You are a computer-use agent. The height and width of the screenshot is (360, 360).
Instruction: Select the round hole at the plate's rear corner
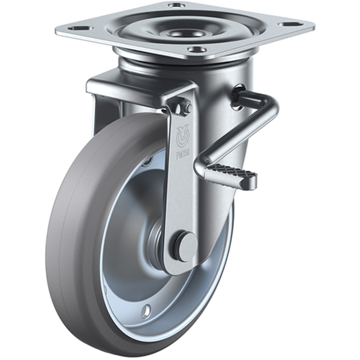point(176,5)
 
